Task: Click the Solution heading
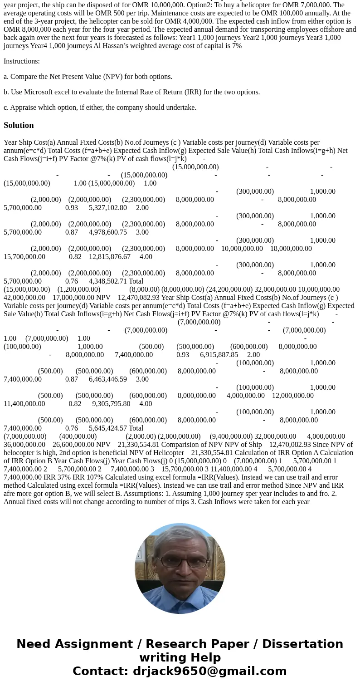click(x=19, y=125)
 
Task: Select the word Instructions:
click(x=22, y=61)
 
